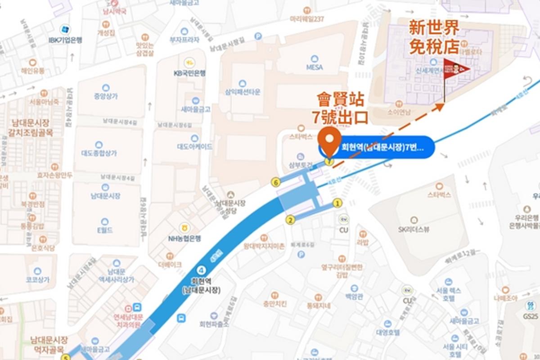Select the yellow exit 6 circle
tap(276, 182)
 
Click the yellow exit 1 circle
tap(337, 203)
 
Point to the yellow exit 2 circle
tap(290, 220)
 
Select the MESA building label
tap(315, 67)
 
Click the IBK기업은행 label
tap(66, 40)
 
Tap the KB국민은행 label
tap(189, 72)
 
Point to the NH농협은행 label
tap(184, 238)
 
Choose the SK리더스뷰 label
tap(414, 229)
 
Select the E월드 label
tap(105, 230)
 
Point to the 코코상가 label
tap(37, 279)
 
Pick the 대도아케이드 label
tap(194, 146)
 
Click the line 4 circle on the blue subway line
tap(201, 270)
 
